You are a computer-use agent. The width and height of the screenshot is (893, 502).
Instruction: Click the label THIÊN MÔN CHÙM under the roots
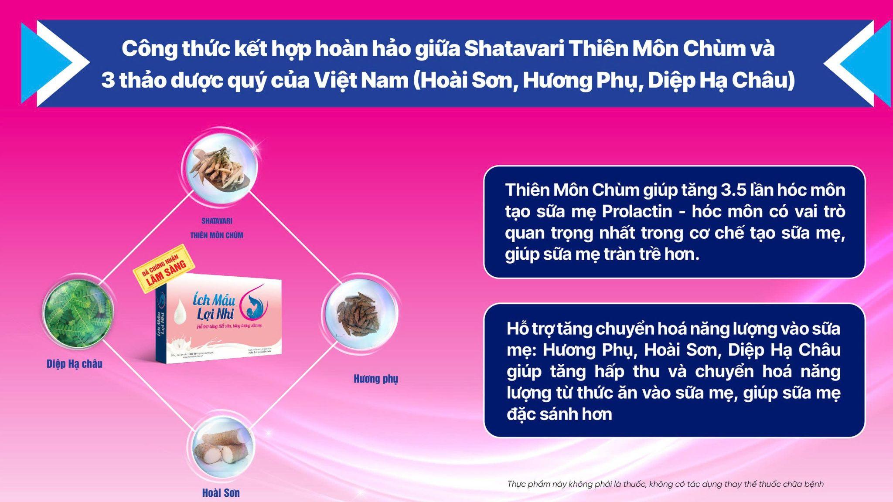pyautogui.click(x=217, y=235)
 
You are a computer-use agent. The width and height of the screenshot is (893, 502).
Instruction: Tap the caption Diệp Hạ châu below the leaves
pyautogui.click(x=75, y=364)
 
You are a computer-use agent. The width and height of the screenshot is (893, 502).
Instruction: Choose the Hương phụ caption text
pyautogui.click(x=376, y=379)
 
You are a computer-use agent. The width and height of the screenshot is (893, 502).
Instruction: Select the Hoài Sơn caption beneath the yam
pyautogui.click(x=221, y=493)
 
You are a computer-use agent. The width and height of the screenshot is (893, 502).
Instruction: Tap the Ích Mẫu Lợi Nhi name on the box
pyautogui.click(x=214, y=306)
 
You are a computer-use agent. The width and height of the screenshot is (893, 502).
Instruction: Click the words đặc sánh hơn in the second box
pyautogui.click(x=559, y=414)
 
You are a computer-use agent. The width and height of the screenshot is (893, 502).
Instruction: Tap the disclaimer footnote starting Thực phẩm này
pyautogui.click(x=665, y=484)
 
